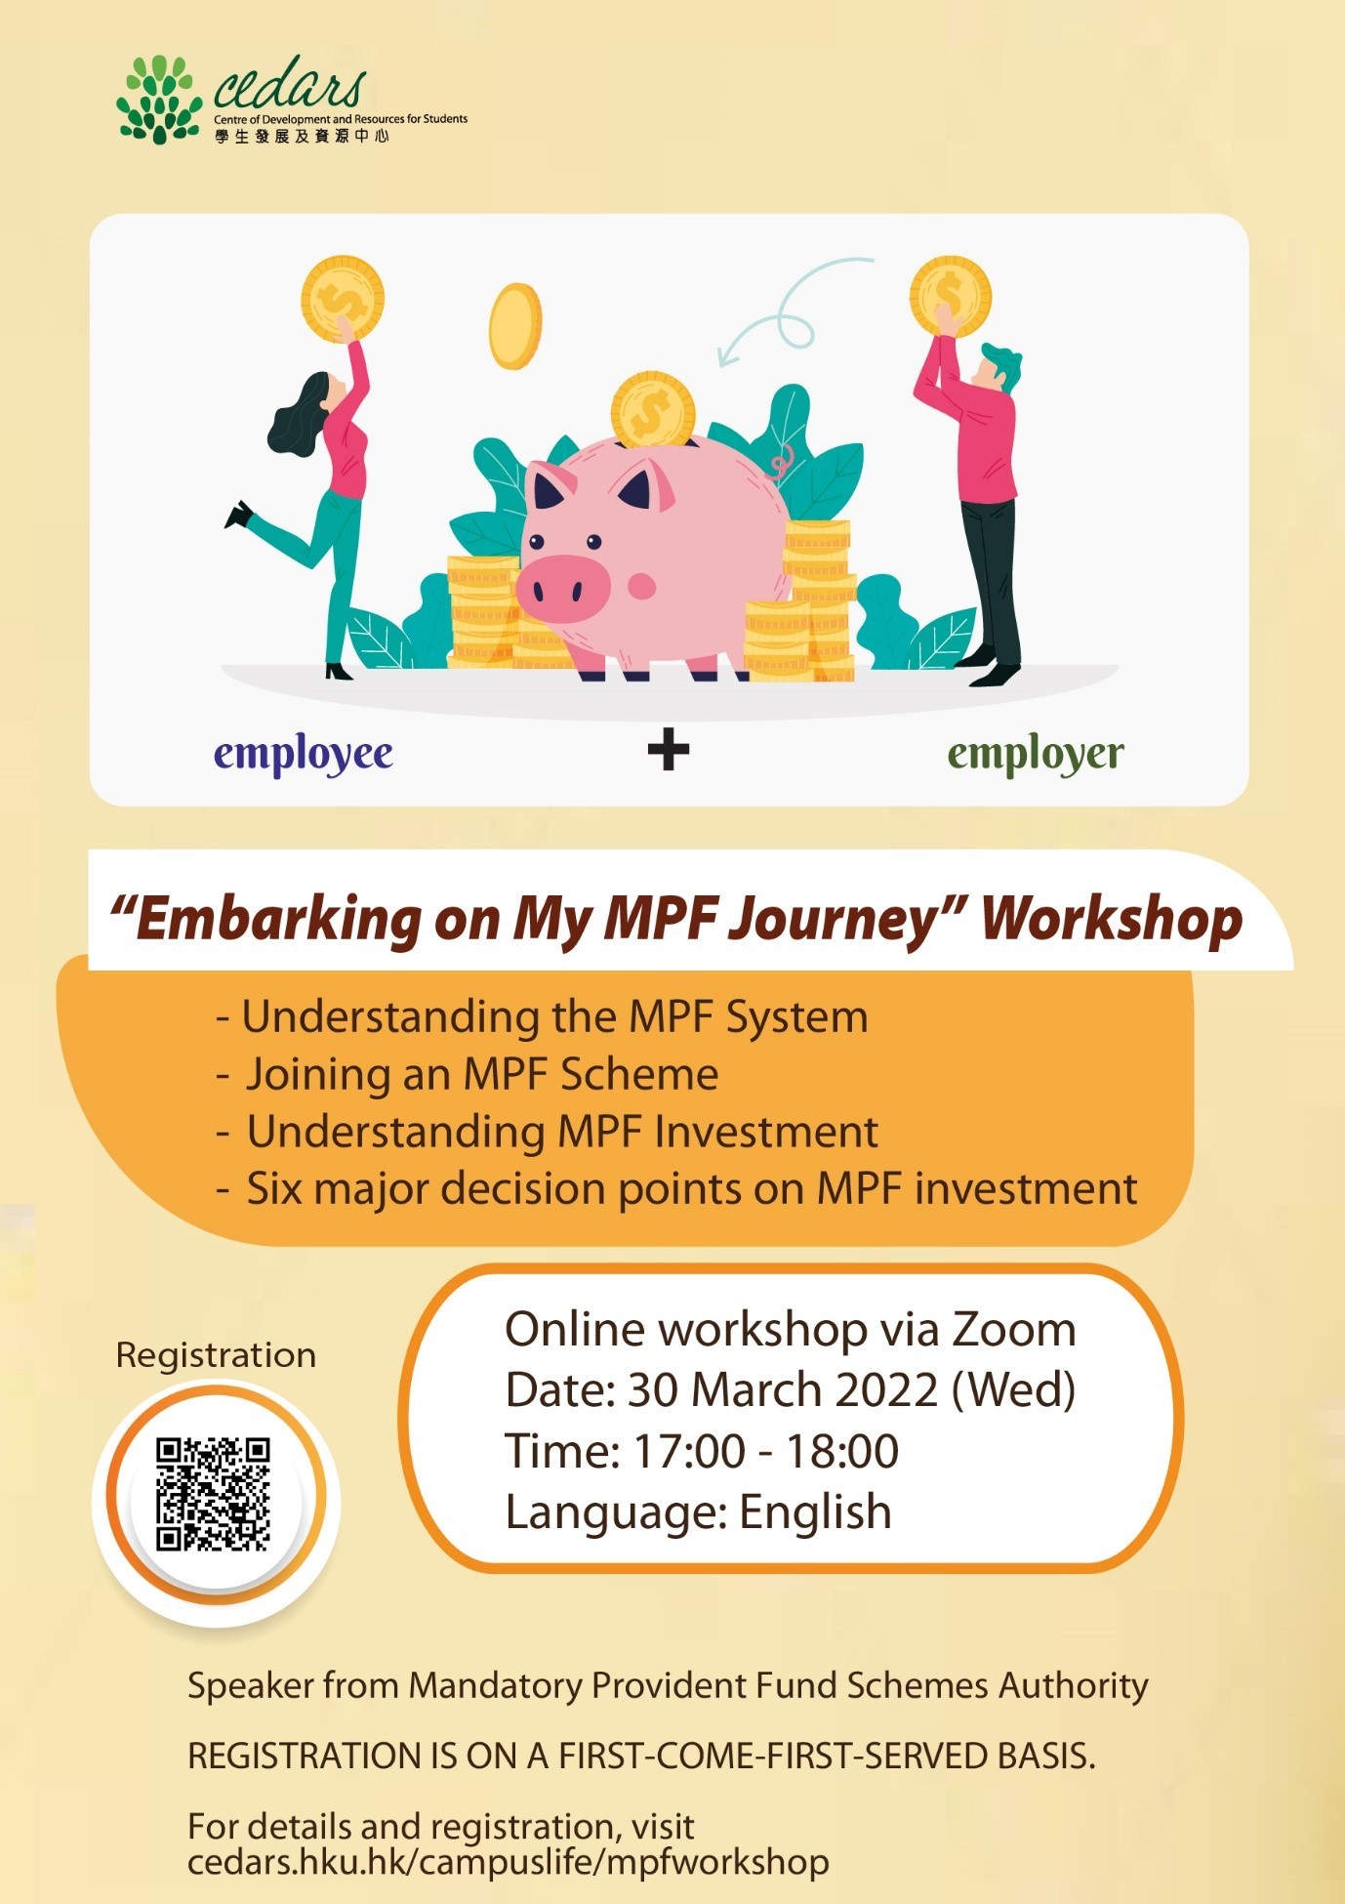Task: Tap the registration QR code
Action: (214, 1494)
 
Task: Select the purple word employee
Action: (304, 755)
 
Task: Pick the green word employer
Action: (1036, 755)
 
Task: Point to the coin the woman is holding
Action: (343, 299)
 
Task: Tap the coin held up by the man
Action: (951, 296)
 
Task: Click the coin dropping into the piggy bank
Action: (653, 410)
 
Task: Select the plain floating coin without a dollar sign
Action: (515, 326)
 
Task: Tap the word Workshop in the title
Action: (1112, 920)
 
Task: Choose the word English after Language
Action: (815, 1513)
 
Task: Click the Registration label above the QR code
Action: (216, 1356)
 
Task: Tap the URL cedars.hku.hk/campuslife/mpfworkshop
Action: (509, 1862)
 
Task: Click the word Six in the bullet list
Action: (274, 1189)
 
